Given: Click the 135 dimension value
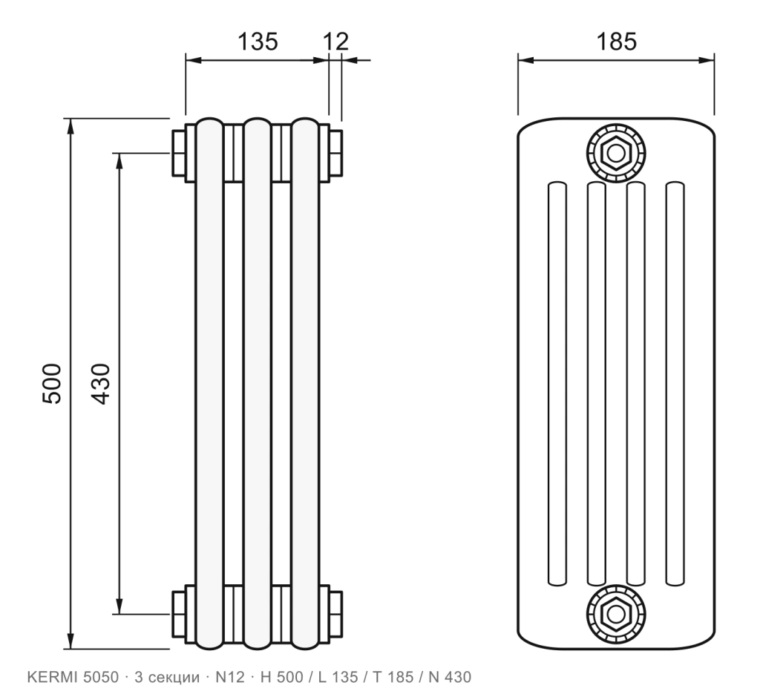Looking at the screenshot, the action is (258, 42).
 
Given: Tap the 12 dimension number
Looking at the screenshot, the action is (335, 42).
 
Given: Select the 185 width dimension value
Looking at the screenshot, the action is (616, 42).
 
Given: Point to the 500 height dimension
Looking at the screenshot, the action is (53, 384).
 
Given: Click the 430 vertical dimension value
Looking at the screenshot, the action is (101, 384).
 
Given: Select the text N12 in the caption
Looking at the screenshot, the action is (230, 677).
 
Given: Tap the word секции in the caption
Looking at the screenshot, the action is (174, 678).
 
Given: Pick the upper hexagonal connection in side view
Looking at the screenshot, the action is (616, 154).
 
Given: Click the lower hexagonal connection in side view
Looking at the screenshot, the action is (616, 614).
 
